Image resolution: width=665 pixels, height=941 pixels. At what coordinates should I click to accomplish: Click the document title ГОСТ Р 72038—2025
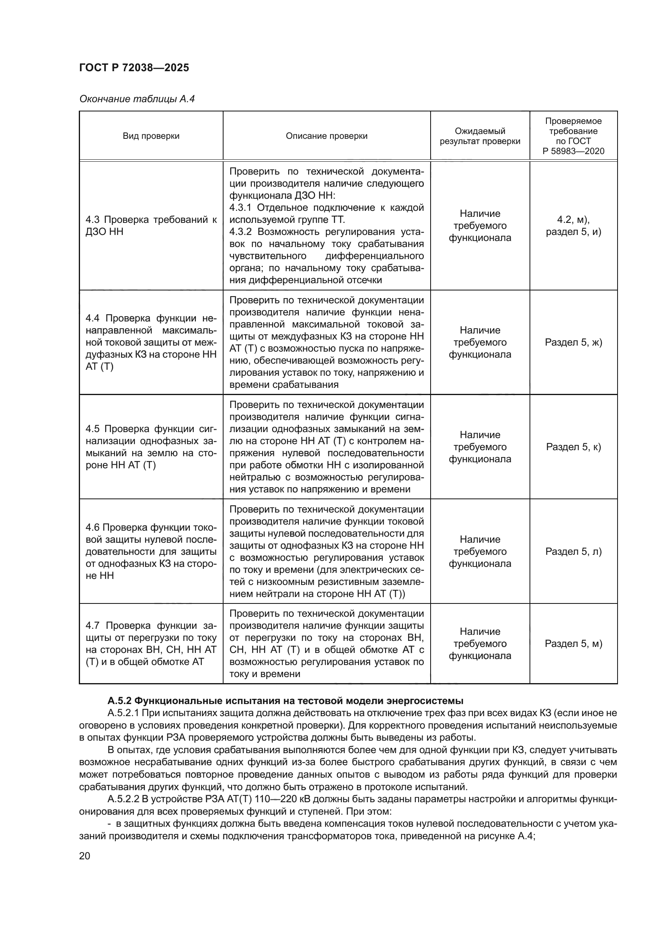click(134, 68)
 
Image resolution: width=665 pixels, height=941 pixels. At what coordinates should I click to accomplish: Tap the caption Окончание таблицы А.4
click(137, 99)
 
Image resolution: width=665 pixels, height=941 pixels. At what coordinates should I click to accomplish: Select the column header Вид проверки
click(151, 136)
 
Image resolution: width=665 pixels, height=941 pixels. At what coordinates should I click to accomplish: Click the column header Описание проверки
click(326, 136)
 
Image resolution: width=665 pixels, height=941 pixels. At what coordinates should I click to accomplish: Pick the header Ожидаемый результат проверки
click(480, 136)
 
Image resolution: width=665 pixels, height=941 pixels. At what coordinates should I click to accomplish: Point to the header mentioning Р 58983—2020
click(573, 151)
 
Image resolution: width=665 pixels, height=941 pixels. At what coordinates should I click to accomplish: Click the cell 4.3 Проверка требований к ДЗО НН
click(151, 225)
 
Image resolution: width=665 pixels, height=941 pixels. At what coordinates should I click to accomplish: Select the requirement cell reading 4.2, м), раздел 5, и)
click(573, 225)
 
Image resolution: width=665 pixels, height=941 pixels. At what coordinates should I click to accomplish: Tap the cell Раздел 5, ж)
click(573, 342)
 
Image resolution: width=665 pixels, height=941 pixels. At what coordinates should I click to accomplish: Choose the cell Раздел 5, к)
click(573, 447)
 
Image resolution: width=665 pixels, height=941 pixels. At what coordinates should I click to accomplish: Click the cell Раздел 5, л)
click(573, 551)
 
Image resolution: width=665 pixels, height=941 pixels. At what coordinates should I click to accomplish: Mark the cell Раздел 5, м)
click(573, 643)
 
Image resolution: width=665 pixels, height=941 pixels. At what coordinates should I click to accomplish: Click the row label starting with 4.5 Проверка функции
click(151, 447)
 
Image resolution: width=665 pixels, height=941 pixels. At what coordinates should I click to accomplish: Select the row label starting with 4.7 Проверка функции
click(151, 643)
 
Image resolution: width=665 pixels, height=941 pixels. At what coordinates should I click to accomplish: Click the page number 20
click(85, 856)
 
